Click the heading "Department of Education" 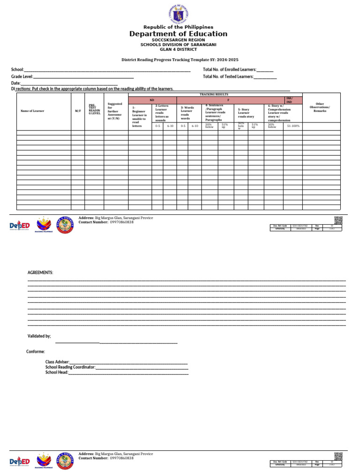[x=179, y=34]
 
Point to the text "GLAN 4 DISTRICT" [x=179, y=49]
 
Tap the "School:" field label [x=17, y=69]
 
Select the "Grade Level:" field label [x=22, y=76]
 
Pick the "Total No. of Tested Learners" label [x=228, y=76]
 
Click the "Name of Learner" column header [x=32, y=111]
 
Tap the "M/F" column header [x=78, y=111]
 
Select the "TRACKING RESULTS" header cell [x=215, y=95]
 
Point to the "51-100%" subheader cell [x=292, y=126]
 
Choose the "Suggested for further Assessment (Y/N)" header [x=115, y=111]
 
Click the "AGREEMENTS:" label [x=40, y=273]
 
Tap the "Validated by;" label [x=39, y=336]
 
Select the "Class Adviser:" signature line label [x=57, y=362]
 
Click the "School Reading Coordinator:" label [x=70, y=367]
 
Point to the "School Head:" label [x=57, y=372]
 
